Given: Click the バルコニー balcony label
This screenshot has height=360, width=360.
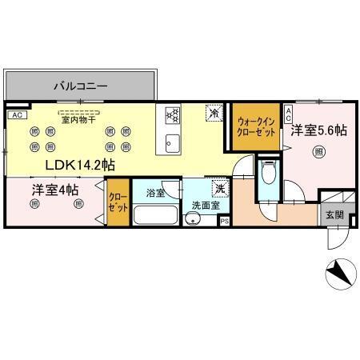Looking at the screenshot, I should pos(81,83).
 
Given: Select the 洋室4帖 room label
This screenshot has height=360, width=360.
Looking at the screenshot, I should pos(54,190).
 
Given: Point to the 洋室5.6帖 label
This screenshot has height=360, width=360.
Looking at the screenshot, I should pos(318,129).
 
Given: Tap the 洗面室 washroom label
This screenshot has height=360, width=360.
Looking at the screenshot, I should pos(202,206).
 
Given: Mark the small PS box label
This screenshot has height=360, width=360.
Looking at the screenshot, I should pos(224,220).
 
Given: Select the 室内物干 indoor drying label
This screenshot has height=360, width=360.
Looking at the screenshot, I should pos(78,120).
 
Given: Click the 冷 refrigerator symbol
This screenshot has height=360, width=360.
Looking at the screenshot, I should pos(214,114).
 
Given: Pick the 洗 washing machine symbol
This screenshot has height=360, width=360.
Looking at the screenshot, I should pos(218,189).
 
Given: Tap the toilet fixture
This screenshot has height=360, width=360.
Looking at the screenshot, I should pos(270,172).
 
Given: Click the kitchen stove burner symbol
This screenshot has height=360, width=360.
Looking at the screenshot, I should pos(170,116).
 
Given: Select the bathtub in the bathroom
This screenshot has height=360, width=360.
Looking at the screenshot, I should pos(155,215).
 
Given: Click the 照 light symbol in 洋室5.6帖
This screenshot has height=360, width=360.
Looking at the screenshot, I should pos(319,152).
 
